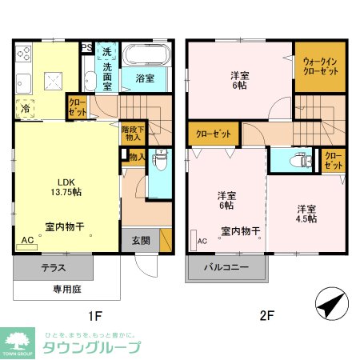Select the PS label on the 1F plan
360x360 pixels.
pos(86,47)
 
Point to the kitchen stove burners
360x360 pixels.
pos(22,57)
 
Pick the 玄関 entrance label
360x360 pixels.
pos(140,240)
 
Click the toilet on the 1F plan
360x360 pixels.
pos(159,160)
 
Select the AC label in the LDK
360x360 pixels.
pos(28,240)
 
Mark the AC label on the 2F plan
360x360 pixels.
pos(202,240)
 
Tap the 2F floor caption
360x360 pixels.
pos(266,315)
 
